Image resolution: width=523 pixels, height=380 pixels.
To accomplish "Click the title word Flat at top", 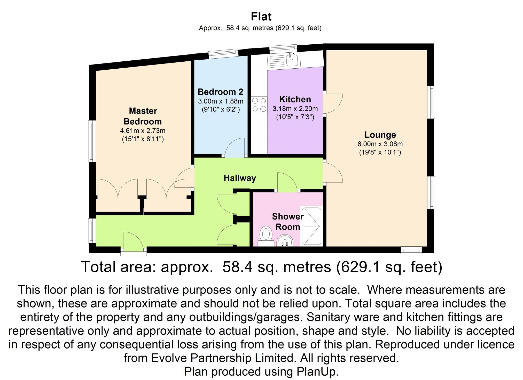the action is pyautogui.click(x=261, y=17).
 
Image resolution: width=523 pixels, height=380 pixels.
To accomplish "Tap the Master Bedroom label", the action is pyautogui.click(x=143, y=116).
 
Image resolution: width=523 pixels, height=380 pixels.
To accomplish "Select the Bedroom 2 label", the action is pyautogui.click(x=220, y=92).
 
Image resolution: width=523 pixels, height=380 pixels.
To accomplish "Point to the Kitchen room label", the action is pyautogui.click(x=295, y=99).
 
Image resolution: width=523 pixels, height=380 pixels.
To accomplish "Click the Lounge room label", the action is pyautogui.click(x=380, y=135).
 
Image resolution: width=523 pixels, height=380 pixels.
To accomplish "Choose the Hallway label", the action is pyautogui.click(x=240, y=178).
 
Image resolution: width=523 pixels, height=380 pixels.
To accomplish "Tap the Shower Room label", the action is pyautogui.click(x=287, y=222).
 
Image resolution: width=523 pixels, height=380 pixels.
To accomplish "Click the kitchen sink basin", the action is pyautogui.click(x=292, y=60).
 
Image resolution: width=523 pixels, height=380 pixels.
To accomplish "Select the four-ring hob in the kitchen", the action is pyautogui.click(x=259, y=104).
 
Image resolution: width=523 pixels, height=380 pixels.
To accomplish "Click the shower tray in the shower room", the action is pyautogui.click(x=311, y=226).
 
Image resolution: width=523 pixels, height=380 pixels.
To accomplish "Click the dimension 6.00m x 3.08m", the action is pyautogui.click(x=380, y=144).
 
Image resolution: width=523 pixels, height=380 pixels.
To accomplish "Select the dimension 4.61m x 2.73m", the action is pyautogui.click(x=143, y=131).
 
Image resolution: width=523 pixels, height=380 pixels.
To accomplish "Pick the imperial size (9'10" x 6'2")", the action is pyautogui.click(x=221, y=110).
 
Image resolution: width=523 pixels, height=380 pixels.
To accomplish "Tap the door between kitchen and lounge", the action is pyautogui.click(x=333, y=103).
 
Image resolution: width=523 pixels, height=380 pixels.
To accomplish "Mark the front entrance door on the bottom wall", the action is pyautogui.click(x=133, y=242).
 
